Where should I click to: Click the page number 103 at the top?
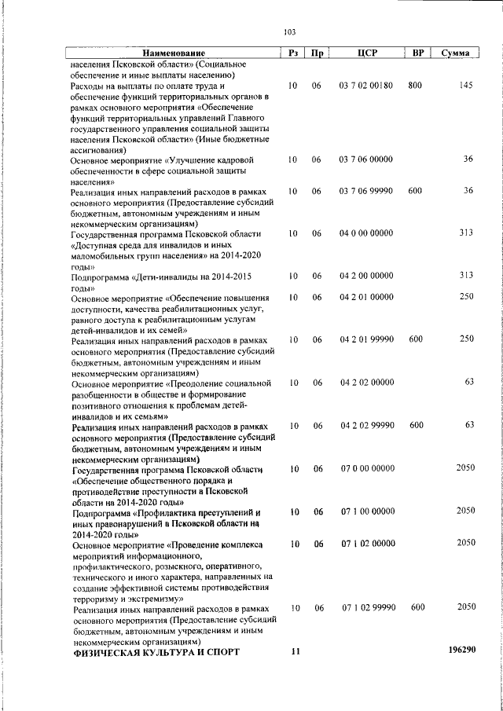(288, 31)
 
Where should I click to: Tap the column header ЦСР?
(367, 53)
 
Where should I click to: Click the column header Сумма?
(456, 53)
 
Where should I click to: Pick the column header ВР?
(418, 53)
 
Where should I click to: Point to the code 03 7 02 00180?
(366, 85)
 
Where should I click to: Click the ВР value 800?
(416, 85)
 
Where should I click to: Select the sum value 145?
(465, 85)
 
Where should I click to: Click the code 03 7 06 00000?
(366, 159)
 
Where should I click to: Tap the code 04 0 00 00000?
(366, 233)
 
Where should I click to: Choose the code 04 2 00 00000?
(366, 275)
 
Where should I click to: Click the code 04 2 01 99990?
(366, 339)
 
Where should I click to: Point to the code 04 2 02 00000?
(366, 383)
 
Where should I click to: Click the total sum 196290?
(461, 651)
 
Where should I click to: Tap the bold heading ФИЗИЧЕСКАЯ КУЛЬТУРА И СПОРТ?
(156, 652)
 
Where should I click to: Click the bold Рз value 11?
(296, 651)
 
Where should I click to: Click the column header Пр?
(317, 53)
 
